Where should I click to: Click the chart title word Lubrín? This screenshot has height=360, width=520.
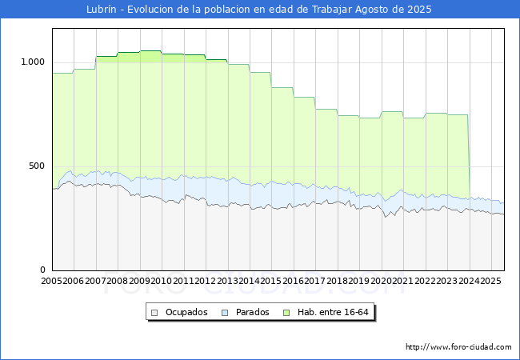(x=103, y=10)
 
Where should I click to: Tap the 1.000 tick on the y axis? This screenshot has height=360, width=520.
(x=33, y=62)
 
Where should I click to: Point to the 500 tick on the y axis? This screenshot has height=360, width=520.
(x=38, y=166)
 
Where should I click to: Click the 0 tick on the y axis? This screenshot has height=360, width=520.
(x=43, y=270)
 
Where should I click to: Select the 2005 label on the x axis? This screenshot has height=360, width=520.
(x=52, y=281)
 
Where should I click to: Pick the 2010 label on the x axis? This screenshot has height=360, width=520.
(x=161, y=281)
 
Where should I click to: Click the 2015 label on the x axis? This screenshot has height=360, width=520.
(x=270, y=281)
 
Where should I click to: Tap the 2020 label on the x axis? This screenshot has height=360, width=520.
(x=380, y=281)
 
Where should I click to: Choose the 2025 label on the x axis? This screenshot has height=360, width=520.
(x=489, y=281)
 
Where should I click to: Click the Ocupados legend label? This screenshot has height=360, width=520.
(x=186, y=312)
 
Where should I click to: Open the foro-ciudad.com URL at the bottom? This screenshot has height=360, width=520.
(x=458, y=347)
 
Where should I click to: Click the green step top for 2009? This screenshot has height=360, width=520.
(x=150, y=51)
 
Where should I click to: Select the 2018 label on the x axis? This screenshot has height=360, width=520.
(x=336, y=281)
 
